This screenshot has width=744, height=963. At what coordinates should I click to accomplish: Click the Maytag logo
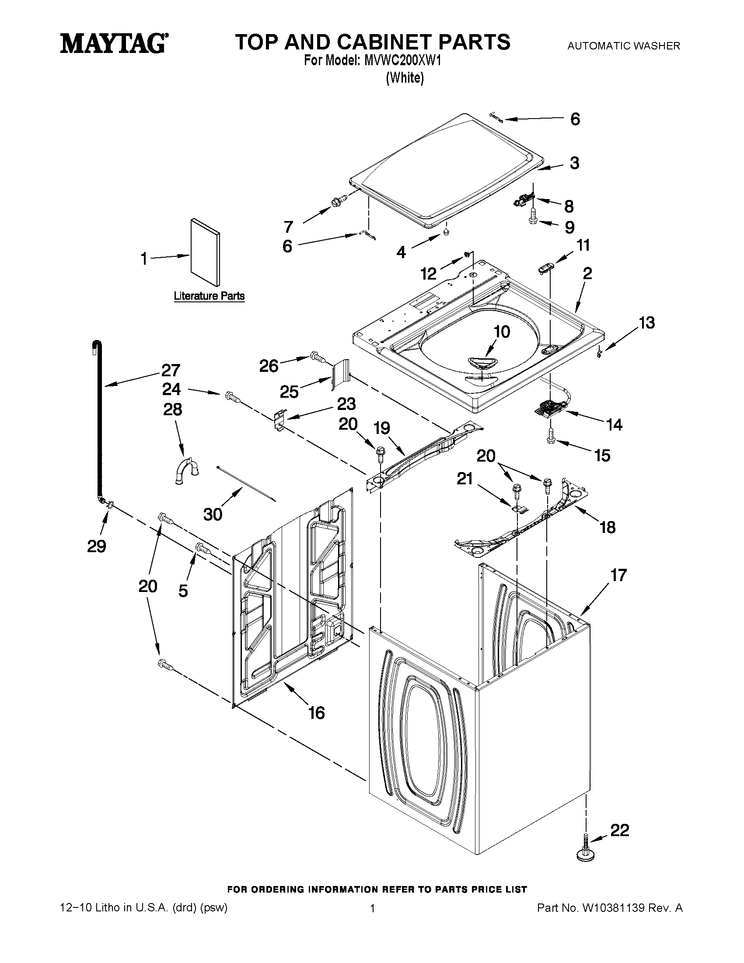click(x=114, y=44)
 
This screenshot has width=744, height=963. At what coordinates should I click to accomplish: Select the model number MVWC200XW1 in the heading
click(x=402, y=61)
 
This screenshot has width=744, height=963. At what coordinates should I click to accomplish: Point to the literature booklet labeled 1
click(x=206, y=252)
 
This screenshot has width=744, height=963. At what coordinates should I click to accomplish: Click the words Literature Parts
click(x=210, y=296)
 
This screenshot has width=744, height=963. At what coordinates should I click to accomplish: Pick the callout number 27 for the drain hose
click(x=171, y=370)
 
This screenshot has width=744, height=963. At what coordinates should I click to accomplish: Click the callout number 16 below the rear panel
click(x=317, y=713)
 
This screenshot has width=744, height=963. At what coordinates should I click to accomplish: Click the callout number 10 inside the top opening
click(x=502, y=331)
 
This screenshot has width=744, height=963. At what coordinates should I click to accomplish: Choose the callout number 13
click(x=646, y=323)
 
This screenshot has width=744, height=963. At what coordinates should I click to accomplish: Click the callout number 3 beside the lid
click(x=574, y=163)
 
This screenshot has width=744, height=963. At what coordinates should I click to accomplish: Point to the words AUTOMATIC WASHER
click(x=623, y=46)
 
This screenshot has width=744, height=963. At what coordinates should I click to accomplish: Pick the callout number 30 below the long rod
click(x=213, y=514)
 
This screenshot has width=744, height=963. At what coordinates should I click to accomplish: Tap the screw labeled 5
click(x=203, y=548)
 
